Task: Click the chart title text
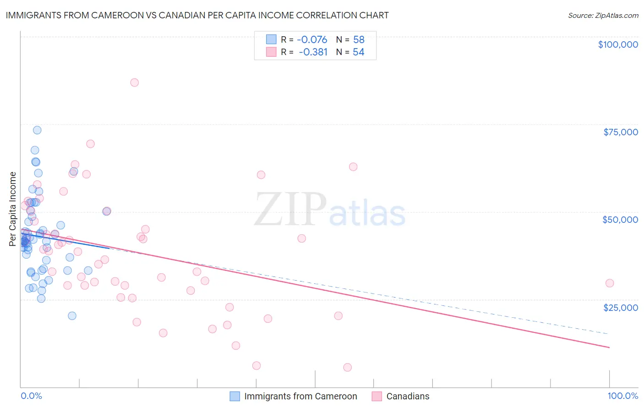[x=197, y=15]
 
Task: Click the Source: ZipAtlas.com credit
[x=603, y=15]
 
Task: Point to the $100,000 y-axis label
[x=618, y=44]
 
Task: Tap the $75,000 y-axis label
[x=621, y=132]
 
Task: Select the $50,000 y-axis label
[x=620, y=220]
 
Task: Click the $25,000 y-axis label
[x=621, y=307]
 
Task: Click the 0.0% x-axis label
[x=31, y=396]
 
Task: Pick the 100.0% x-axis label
[x=623, y=396]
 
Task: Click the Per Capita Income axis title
[x=13, y=209]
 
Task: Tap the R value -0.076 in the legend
[x=312, y=39]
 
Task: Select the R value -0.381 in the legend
[x=313, y=52]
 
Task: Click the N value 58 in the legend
[x=359, y=39]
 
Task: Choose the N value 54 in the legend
[x=359, y=52]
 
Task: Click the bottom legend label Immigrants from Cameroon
[x=300, y=396]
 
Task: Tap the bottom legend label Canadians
[x=408, y=396]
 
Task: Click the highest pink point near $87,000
[x=134, y=83]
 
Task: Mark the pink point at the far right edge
[x=609, y=283]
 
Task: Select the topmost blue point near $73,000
[x=37, y=130]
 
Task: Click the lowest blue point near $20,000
[x=72, y=315]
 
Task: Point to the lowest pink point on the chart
[x=347, y=367]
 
